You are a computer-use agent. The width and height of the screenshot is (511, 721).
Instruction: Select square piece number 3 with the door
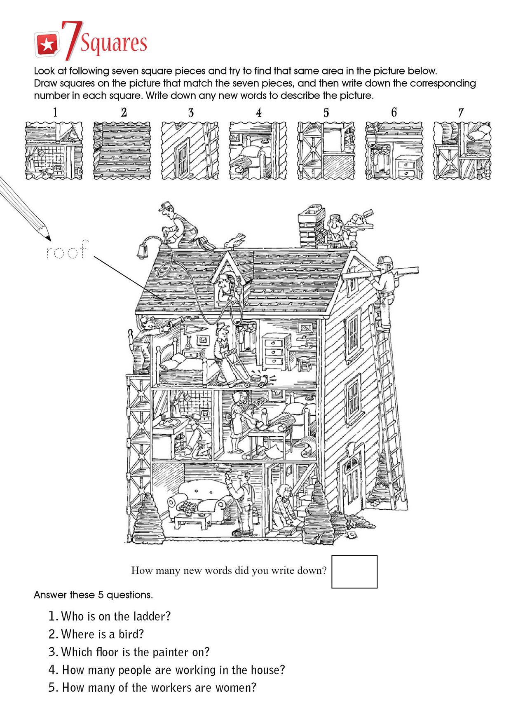coord(190,150)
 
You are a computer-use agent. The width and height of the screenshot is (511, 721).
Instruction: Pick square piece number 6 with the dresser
coord(394,150)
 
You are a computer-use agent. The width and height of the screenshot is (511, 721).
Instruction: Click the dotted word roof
coord(67,250)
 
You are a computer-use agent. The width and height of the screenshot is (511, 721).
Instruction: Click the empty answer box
coord(354,571)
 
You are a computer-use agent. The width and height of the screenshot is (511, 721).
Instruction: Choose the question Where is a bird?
coord(96,634)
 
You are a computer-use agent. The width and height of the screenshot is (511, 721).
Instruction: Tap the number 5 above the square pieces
coord(326,112)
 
